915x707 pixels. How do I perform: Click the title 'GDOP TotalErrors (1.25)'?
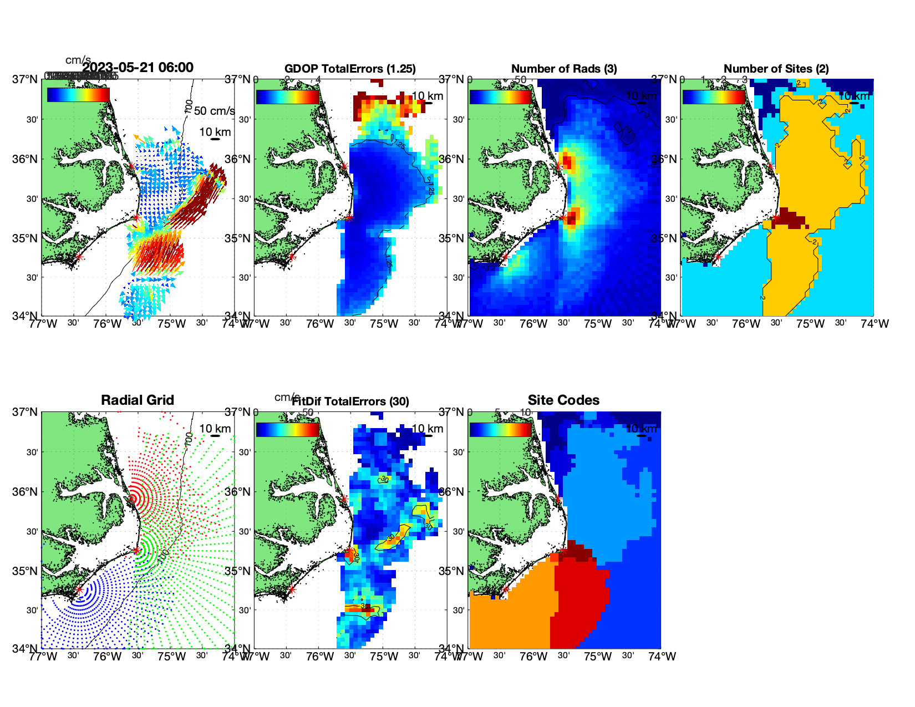click(350, 69)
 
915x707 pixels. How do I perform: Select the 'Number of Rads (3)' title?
click(564, 69)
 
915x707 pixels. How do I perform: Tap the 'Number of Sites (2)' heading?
click(776, 69)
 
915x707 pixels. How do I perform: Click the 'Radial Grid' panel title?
click(138, 400)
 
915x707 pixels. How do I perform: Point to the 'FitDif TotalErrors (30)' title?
click(350, 401)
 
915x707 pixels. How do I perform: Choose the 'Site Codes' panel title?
click(563, 400)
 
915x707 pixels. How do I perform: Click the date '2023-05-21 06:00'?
click(138, 68)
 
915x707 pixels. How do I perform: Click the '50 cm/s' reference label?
click(214, 111)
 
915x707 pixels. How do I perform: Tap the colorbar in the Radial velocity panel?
click(78, 95)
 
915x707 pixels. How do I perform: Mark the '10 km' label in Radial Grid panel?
click(215, 429)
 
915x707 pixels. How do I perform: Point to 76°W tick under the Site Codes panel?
click(533, 657)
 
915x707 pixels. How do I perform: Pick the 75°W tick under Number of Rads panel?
click(598, 324)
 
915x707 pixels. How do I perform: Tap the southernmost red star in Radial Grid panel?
click(79, 589)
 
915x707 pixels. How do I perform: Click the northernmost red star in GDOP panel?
click(344, 166)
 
